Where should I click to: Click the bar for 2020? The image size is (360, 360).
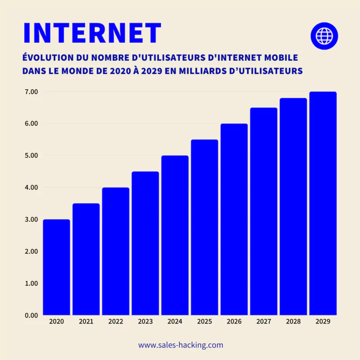tap(57, 267)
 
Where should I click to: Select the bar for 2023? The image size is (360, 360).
tap(145, 243)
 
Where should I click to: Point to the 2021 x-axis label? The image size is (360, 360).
tap(86, 322)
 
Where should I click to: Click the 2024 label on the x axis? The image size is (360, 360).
tap(175, 322)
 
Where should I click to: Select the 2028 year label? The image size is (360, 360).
tap(293, 322)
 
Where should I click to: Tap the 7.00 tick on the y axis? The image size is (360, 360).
tap(31, 92)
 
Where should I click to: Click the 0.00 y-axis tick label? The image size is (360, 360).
tap(31, 315)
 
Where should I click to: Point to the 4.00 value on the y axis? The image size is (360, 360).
tap(31, 187)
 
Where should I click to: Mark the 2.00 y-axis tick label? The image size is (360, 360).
tap(31, 251)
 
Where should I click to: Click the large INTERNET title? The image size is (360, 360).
tap(92, 32)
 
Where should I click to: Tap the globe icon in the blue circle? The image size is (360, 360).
tap(324, 35)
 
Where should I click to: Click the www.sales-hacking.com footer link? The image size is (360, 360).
tap(180, 345)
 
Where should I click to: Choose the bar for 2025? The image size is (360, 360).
tap(204, 227)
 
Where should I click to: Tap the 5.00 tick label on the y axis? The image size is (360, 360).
tap(31, 156)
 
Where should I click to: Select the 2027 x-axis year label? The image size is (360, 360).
tap(264, 322)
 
